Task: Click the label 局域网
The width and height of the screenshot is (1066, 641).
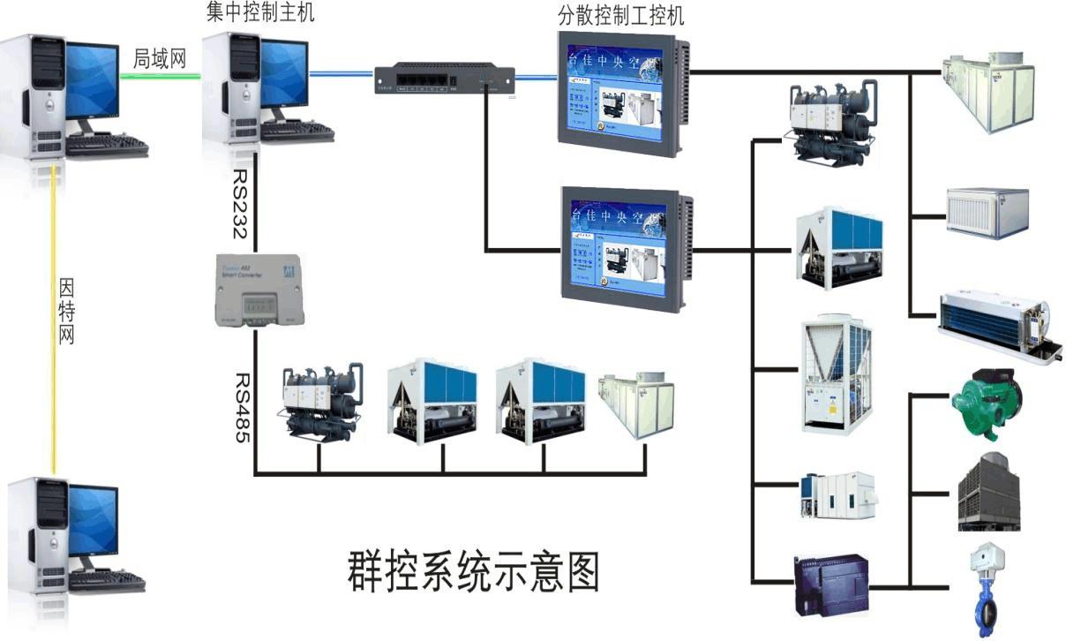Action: coord(160,58)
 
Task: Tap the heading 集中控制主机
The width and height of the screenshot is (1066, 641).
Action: coord(259,12)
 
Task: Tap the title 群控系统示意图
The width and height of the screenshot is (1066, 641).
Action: coord(472,571)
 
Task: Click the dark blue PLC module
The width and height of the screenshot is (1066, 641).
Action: coord(830,584)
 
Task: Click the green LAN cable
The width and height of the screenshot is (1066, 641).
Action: coord(161,76)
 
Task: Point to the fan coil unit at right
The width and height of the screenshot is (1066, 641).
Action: coord(993,322)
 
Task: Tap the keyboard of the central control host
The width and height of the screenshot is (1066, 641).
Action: coord(297,132)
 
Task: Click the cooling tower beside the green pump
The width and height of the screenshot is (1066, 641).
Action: coord(987,492)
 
